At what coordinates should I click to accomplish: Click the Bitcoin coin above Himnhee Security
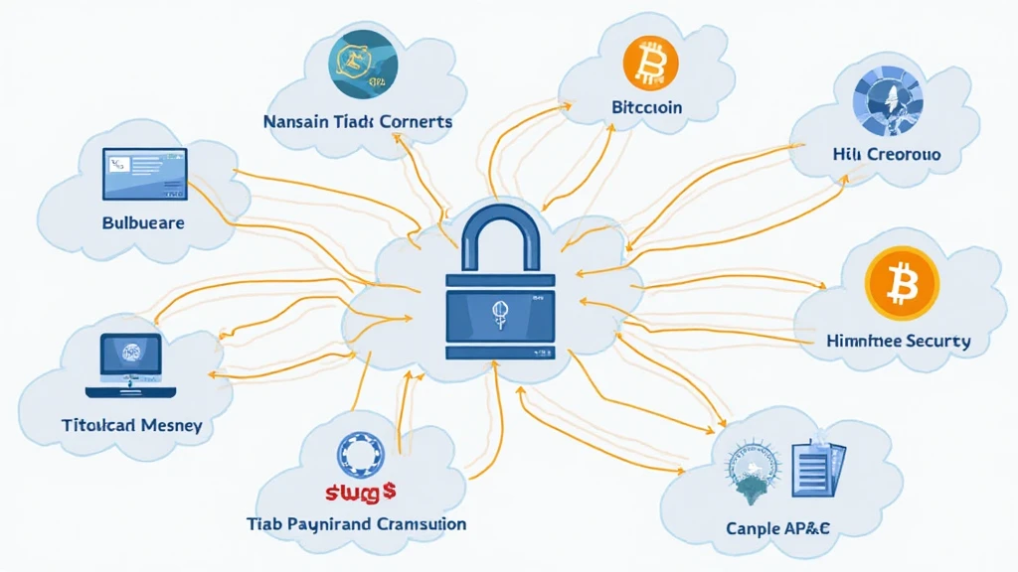click(902, 284)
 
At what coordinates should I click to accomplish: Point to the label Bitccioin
click(646, 107)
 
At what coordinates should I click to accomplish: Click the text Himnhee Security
click(898, 341)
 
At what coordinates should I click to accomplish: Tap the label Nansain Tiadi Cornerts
click(357, 121)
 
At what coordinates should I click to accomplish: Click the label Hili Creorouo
click(888, 155)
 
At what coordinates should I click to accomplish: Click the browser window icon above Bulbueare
click(145, 173)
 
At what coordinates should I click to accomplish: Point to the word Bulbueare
click(143, 222)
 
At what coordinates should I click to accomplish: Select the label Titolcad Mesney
click(131, 425)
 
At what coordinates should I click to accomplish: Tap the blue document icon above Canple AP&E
click(816, 471)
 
